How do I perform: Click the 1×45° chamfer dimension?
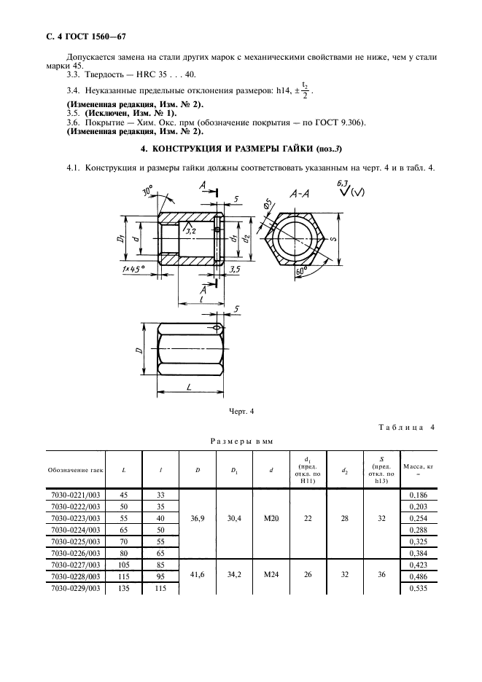click(x=134, y=270)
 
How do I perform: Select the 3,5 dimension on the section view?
click(x=235, y=269)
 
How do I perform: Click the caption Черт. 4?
click(x=241, y=412)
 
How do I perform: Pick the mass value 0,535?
click(x=418, y=589)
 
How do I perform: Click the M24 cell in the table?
click(x=271, y=573)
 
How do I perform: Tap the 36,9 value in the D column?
click(x=198, y=519)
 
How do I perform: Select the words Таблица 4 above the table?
click(x=405, y=428)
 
